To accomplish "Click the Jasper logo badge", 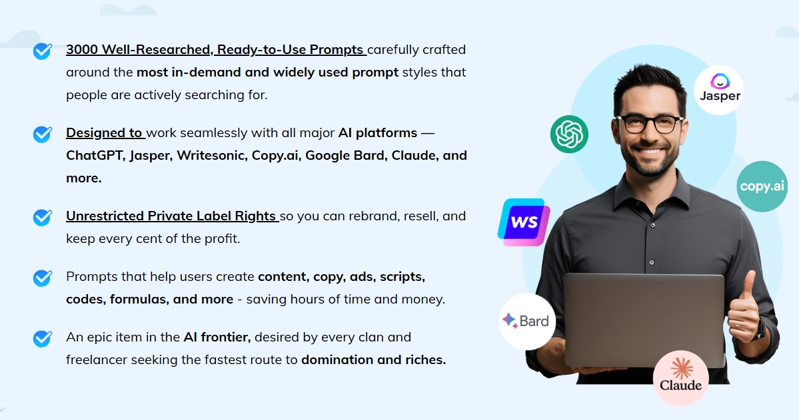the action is (x=718, y=90).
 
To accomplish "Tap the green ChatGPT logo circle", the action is (x=569, y=134).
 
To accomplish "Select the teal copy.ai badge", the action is (x=762, y=186).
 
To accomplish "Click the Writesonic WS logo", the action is (x=524, y=222).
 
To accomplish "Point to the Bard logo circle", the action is (x=527, y=321).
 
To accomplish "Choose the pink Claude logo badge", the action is (x=681, y=378).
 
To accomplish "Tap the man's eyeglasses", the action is (x=649, y=124).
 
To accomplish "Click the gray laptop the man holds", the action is (x=644, y=320).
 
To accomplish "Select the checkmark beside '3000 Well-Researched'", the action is (x=42, y=51).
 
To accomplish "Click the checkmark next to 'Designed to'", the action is (x=42, y=134).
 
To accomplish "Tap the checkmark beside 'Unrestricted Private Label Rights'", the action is (x=42, y=218).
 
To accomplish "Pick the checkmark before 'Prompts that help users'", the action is (x=42, y=278).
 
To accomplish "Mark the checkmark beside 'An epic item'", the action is (x=42, y=339).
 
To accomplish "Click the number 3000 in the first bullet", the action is (x=82, y=50).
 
